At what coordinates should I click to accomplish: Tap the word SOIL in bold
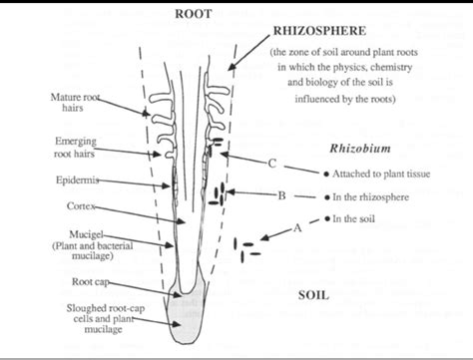click(x=314, y=295)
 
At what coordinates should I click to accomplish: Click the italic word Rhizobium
click(x=359, y=149)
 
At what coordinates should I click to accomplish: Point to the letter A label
click(x=296, y=227)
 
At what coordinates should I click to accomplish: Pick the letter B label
click(x=282, y=195)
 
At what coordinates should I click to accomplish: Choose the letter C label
click(x=271, y=163)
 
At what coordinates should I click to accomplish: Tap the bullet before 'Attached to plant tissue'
click(x=324, y=173)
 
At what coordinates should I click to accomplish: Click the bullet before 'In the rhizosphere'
click(x=324, y=195)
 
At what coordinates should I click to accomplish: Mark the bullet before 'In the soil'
click(x=324, y=218)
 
